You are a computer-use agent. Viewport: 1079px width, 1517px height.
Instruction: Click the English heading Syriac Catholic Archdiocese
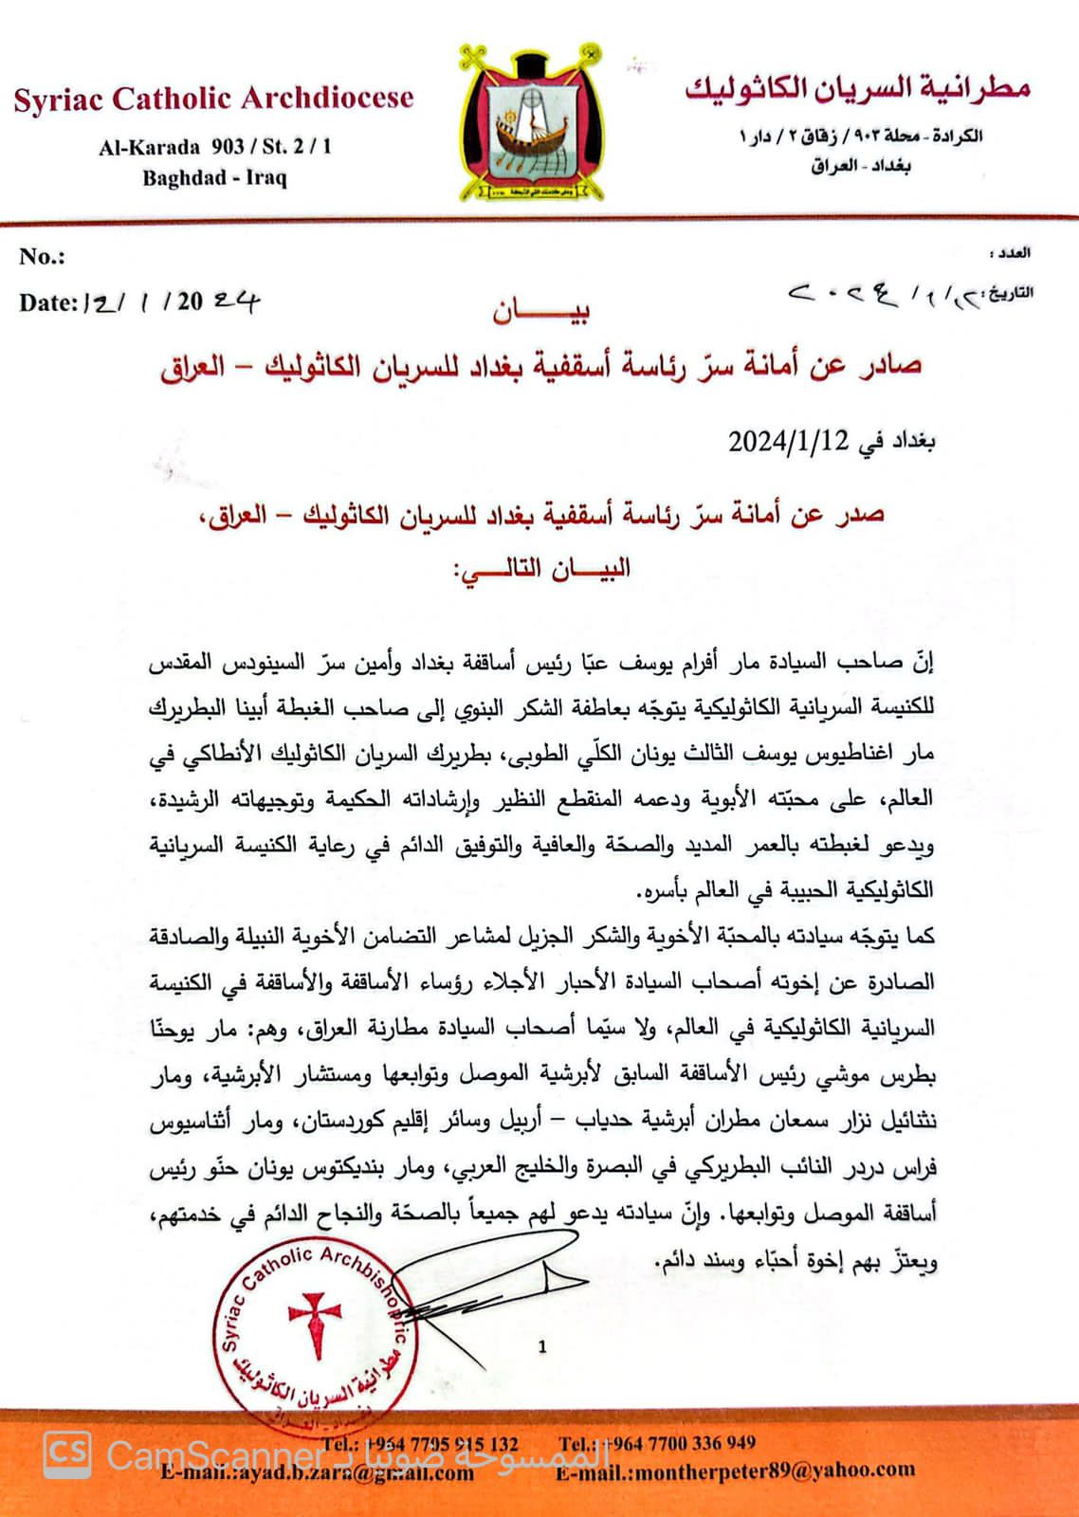[213, 99]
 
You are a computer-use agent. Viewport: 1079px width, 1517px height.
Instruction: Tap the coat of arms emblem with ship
[532, 123]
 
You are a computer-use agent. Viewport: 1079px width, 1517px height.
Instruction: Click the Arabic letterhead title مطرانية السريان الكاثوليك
[857, 88]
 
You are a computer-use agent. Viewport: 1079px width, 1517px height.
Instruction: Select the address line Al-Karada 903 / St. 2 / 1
[215, 147]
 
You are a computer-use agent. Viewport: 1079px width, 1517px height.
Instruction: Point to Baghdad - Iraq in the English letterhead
[214, 177]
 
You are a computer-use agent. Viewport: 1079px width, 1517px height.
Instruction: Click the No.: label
[42, 256]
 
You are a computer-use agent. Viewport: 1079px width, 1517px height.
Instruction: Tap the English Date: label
[47, 302]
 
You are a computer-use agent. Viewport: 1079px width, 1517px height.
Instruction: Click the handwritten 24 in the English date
[235, 301]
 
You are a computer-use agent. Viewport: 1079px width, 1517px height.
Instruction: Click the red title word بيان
[540, 311]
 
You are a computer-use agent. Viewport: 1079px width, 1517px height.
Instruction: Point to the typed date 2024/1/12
[787, 441]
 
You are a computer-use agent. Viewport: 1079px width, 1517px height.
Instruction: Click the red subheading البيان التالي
[541, 569]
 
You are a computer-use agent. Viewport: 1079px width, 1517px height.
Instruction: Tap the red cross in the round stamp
[314, 1321]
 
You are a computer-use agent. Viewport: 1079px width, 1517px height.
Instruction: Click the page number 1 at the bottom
[542, 1346]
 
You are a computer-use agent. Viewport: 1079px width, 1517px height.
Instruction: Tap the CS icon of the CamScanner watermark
[67, 1453]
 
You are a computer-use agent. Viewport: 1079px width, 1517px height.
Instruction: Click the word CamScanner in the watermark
[214, 1455]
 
